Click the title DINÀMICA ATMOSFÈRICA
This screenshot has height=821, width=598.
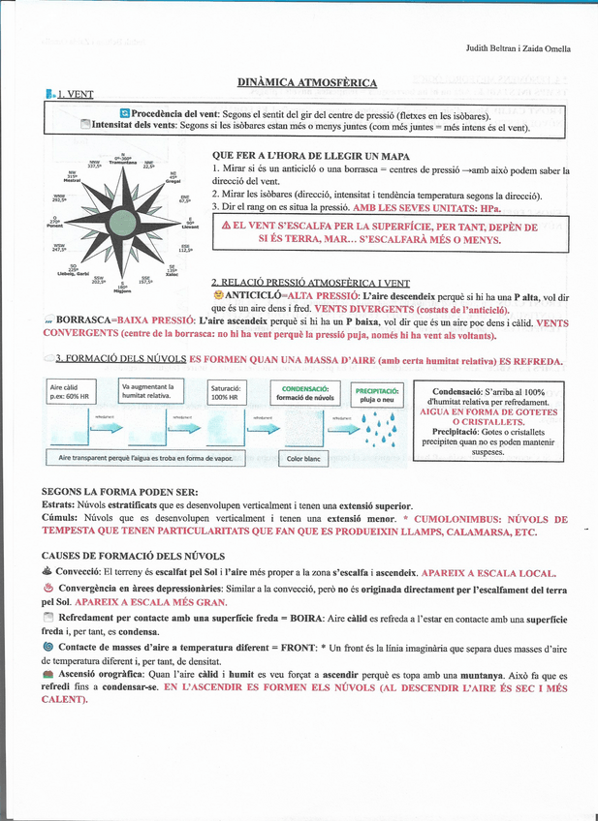(x=306, y=83)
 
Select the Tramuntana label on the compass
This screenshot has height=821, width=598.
(x=122, y=163)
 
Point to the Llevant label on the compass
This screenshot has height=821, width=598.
(x=190, y=228)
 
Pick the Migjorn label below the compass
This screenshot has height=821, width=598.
(x=122, y=290)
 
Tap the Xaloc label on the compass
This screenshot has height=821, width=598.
(x=173, y=274)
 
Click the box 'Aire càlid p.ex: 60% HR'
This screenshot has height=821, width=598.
(x=77, y=392)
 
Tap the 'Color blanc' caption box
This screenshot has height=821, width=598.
(x=303, y=459)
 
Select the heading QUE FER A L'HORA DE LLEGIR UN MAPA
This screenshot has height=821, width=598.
(x=310, y=156)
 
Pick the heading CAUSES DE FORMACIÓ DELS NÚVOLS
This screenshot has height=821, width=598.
(x=134, y=557)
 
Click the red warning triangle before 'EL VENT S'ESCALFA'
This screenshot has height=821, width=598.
(x=226, y=225)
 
